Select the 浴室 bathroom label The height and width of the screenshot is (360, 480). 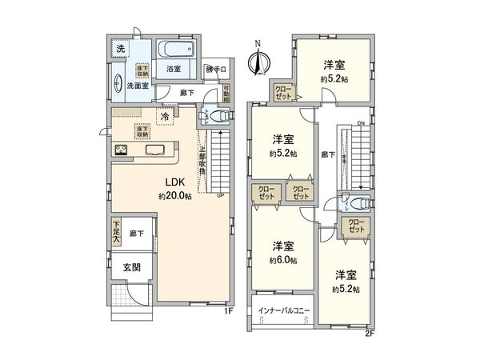tap(174, 69)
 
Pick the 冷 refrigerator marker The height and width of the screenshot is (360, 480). tap(165, 118)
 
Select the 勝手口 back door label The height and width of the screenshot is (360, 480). tap(216, 69)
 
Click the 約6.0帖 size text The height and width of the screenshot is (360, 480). tap(283, 261)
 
